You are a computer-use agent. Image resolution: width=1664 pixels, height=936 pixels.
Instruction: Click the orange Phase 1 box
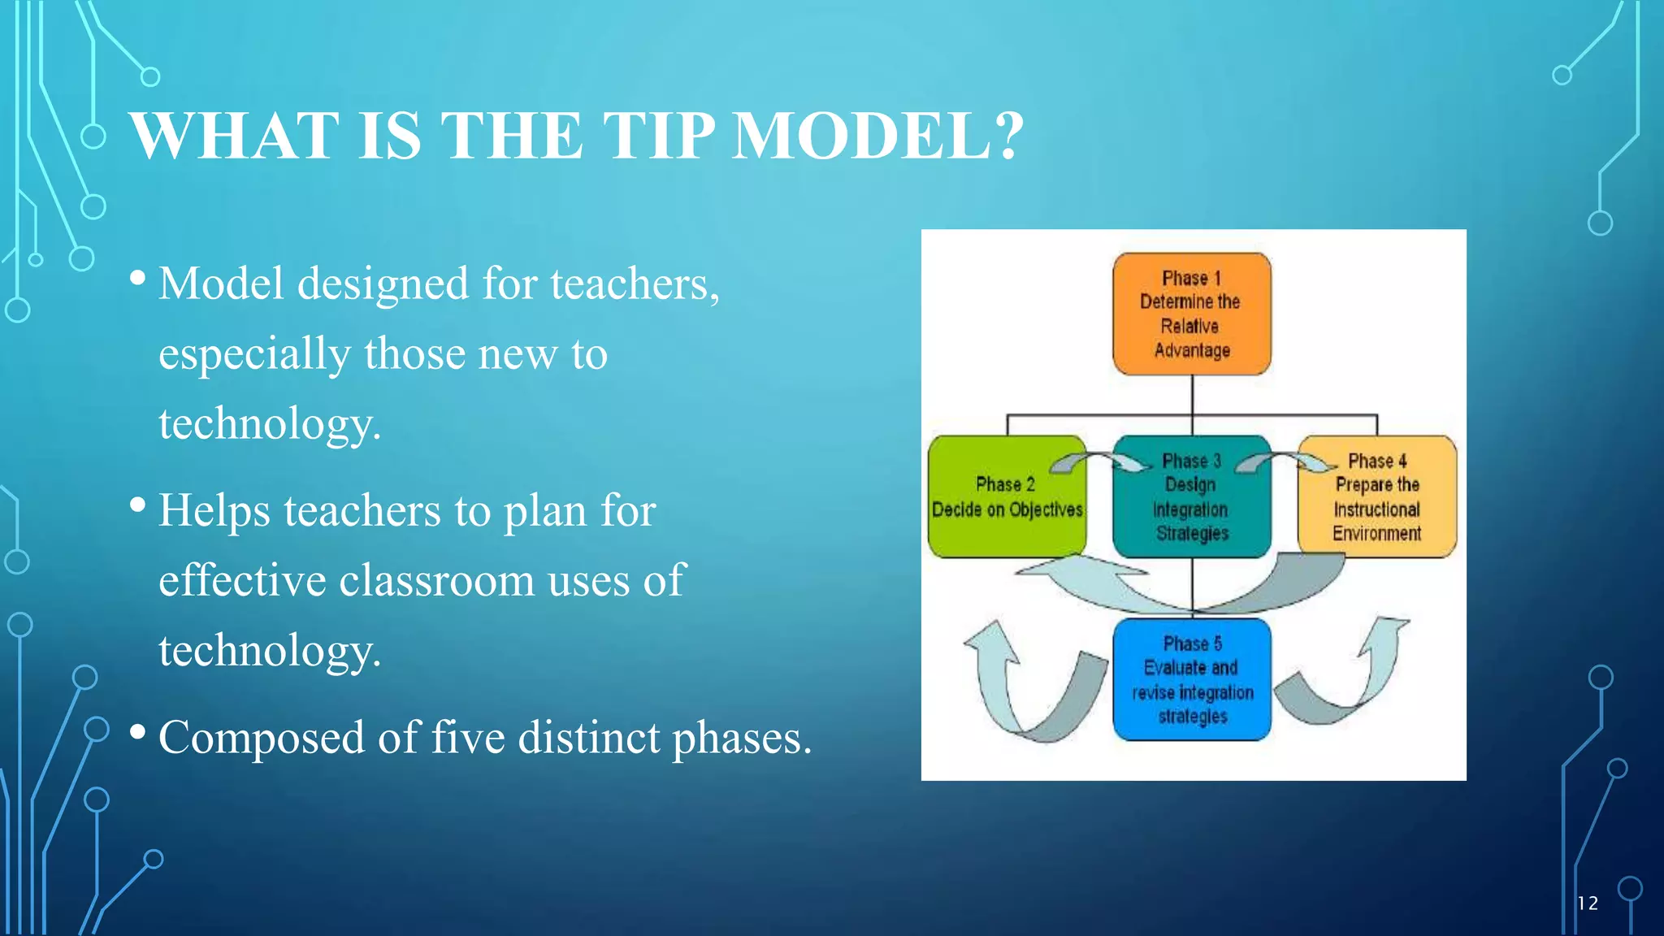tap(1191, 314)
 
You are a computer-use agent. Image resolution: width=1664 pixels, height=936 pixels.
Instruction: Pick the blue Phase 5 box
tap(1191, 679)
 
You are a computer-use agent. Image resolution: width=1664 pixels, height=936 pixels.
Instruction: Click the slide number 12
tap(1587, 903)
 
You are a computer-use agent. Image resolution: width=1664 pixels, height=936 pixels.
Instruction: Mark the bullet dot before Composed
tap(138, 734)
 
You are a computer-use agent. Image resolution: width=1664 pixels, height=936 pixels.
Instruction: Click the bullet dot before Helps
tap(138, 506)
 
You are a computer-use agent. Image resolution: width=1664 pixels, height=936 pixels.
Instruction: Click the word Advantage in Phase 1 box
tap(1192, 351)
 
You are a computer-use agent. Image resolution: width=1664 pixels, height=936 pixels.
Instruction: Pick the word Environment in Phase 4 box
tap(1376, 534)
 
